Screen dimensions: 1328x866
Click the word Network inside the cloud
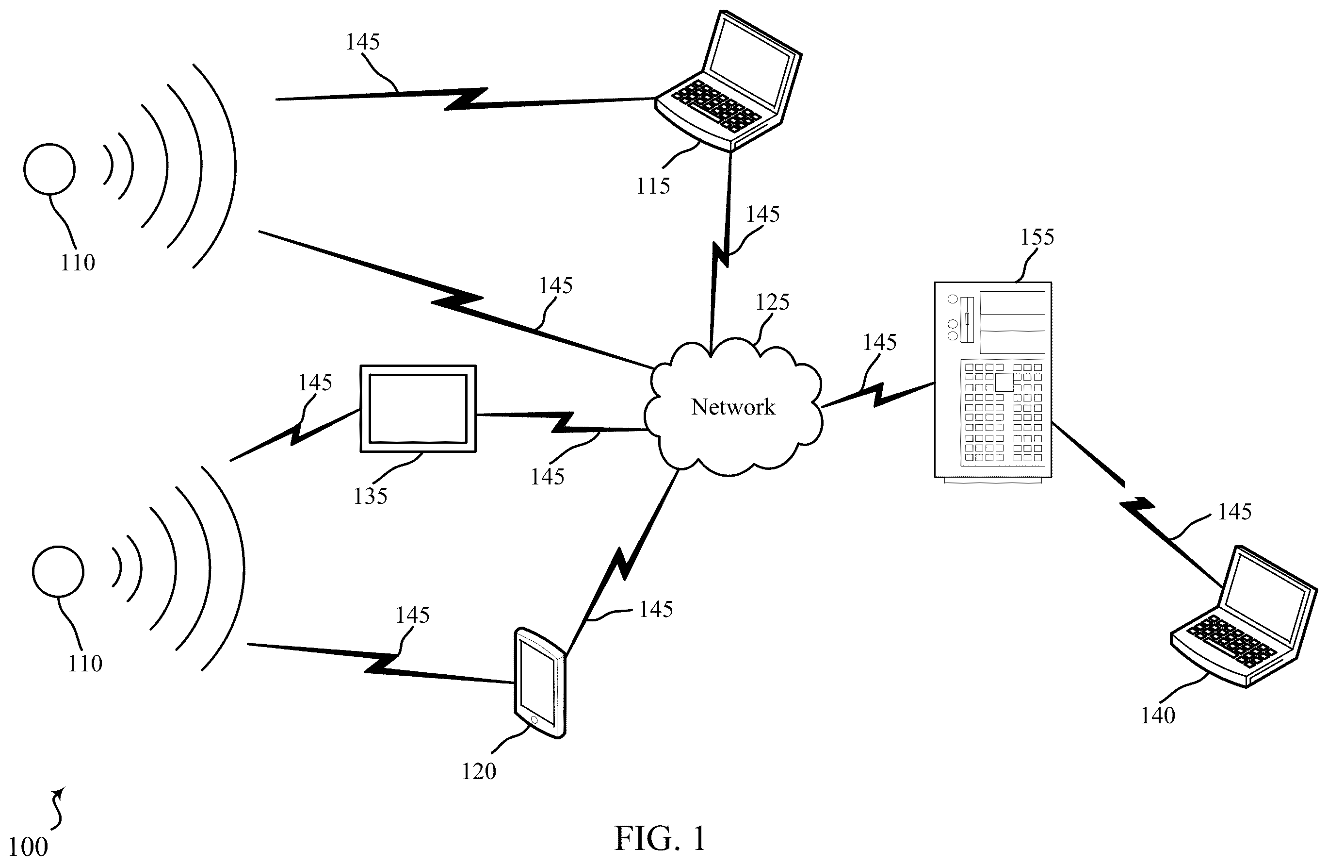733,407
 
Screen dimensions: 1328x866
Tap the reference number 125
772,302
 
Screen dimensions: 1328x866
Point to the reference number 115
653,186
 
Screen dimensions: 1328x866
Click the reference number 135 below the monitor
370,496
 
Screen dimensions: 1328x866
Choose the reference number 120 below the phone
479,771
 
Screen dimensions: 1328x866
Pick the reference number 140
1158,715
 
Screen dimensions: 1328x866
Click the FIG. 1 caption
660,838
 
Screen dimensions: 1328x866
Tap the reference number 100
28,847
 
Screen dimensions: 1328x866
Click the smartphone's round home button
534,720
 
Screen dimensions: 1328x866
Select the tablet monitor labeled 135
418,409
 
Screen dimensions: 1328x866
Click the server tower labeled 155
993,382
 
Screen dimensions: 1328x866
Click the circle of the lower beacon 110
58,572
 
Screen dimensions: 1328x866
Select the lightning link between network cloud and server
878,395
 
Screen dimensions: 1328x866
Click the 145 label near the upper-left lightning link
362,42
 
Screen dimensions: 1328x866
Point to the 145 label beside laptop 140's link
1234,512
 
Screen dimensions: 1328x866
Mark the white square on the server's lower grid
1004,382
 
